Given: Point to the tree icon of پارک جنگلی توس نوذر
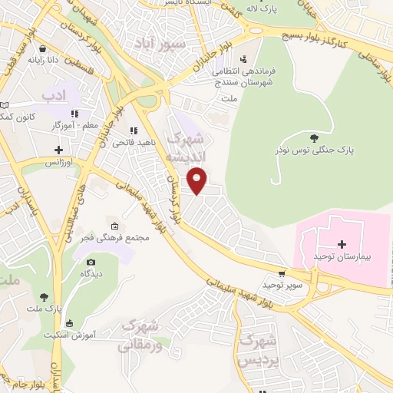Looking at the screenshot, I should click(x=313, y=138).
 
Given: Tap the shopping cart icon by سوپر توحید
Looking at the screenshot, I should click(x=282, y=273).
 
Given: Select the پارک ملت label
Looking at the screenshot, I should click(x=48, y=308).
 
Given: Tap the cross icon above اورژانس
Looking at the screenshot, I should click(x=58, y=149).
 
